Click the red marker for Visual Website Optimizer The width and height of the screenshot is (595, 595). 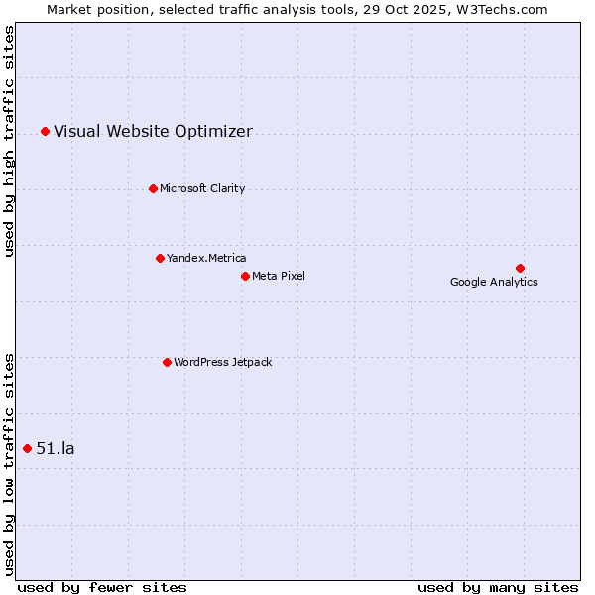pos(45,131)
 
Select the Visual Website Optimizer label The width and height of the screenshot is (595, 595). pos(153,131)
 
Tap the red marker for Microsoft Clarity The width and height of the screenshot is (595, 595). pos(153,188)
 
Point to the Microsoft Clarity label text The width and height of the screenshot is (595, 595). pos(202,188)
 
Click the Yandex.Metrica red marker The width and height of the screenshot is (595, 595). pos(160,258)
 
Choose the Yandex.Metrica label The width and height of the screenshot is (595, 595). pos(206,258)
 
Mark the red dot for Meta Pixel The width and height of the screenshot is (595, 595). pos(245,276)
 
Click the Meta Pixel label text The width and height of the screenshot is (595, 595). pos(279,276)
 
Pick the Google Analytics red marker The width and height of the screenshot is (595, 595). pos(520,268)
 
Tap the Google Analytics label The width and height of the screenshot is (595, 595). pos(494,282)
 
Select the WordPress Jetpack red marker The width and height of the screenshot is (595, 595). pos(167,362)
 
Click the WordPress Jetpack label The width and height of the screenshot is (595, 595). pos(222,362)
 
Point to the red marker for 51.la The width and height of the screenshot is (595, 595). pos(27,448)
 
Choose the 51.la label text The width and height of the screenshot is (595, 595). pos(56,448)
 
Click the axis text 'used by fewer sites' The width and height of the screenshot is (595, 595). pos(102,587)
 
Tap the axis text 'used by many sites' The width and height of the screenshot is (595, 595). pos(498,587)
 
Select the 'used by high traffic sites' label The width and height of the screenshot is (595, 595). pos(10,140)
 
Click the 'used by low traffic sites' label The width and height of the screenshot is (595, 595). pos(10,464)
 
